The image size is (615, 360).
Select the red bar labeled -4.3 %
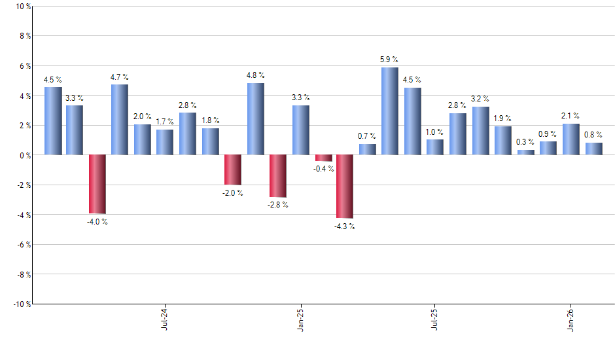point(345,187)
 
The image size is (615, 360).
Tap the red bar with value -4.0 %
point(97,184)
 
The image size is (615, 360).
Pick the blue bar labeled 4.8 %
point(255,119)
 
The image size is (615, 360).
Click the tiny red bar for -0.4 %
point(323,158)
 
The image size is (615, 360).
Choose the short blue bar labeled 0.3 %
point(525,153)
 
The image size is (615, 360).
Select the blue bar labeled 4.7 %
point(119,120)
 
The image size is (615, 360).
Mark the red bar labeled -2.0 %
point(233,170)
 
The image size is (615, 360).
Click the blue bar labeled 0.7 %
point(367,149)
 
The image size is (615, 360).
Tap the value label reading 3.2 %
point(480,99)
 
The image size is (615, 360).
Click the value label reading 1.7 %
point(164,121)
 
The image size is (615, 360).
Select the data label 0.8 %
point(593,134)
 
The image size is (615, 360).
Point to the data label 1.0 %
point(434,132)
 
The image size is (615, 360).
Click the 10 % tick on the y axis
point(22,7)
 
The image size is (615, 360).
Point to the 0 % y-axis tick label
point(24,155)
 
